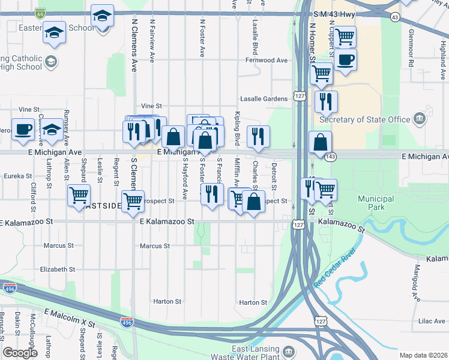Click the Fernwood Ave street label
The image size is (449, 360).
point(266,61)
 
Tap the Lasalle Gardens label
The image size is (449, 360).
point(264,99)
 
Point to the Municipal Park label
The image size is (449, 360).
point(371,203)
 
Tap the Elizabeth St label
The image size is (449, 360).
point(53,269)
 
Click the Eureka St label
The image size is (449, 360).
point(17,176)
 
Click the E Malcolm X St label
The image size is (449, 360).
point(70,318)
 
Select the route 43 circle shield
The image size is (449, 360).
point(394,17)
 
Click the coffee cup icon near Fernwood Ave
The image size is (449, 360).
point(345,60)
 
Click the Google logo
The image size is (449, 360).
point(20,353)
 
